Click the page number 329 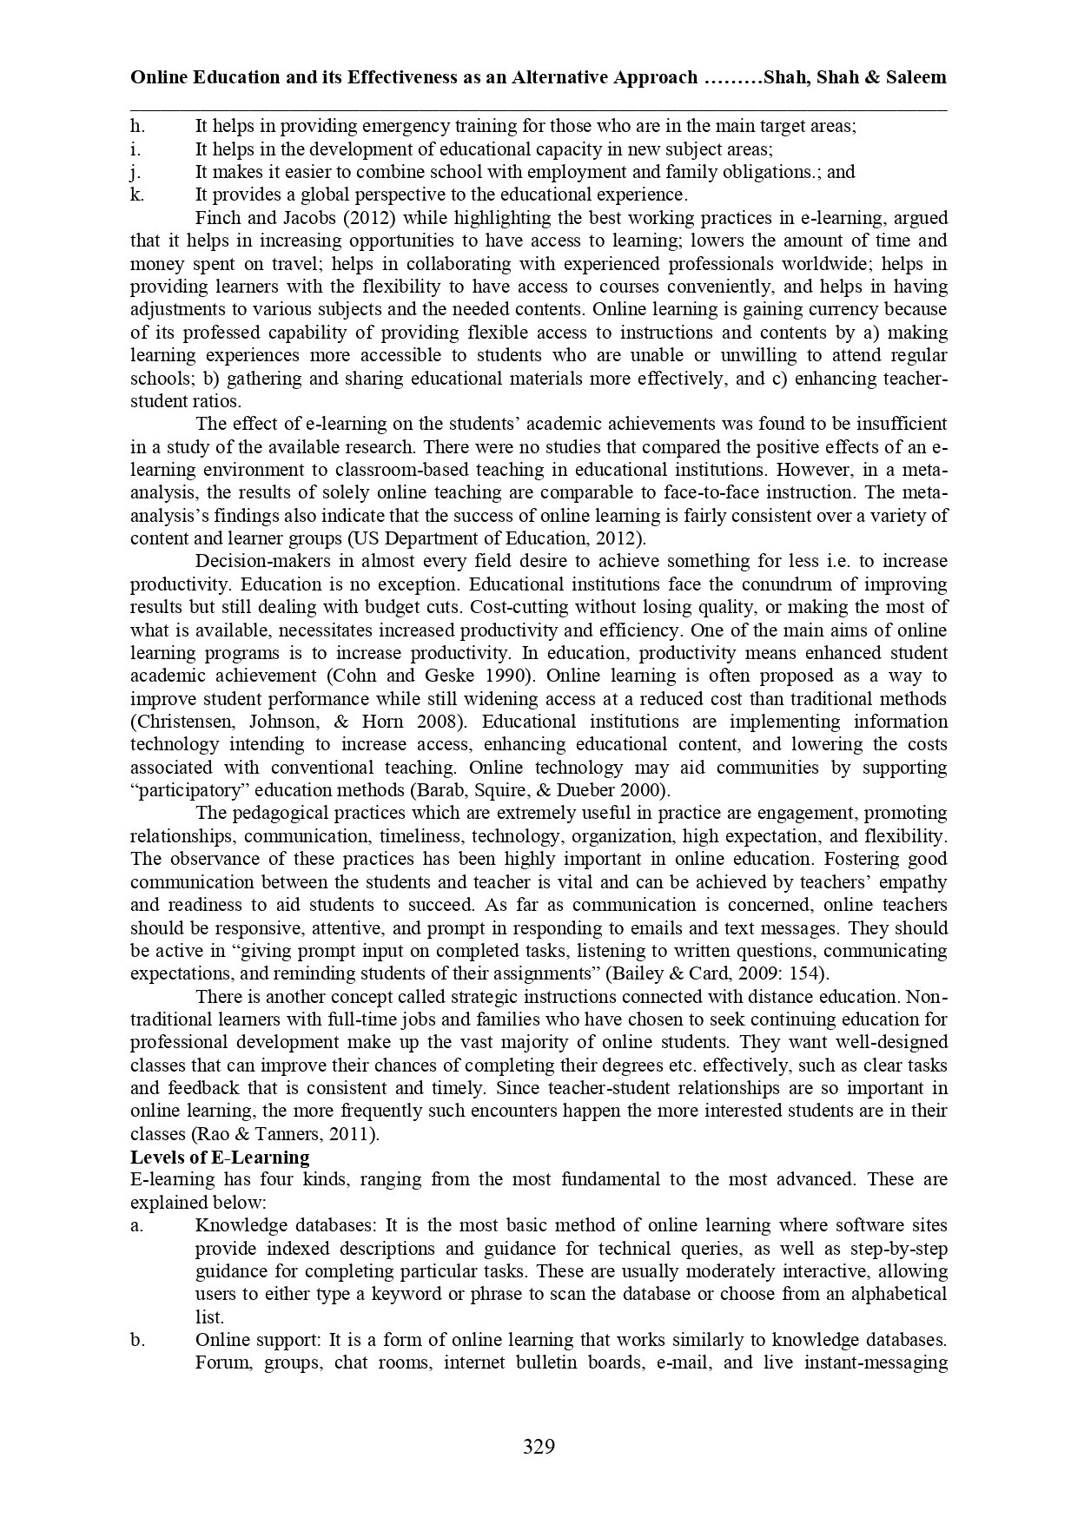pos(539,1447)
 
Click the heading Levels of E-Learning pos(220,1158)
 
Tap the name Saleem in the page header pos(916,77)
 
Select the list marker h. pos(136,126)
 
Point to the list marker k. pos(136,195)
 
